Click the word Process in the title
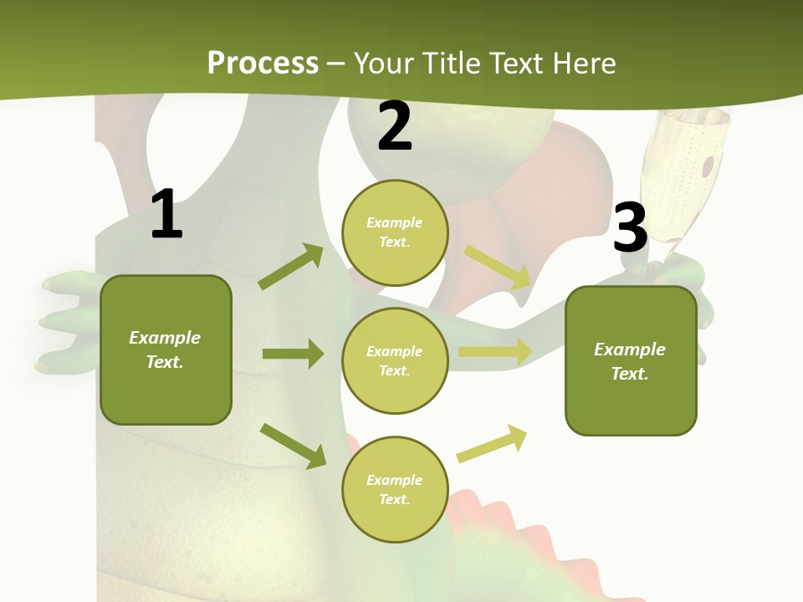[263, 64]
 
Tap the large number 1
[166, 214]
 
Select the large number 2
[395, 126]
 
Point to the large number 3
[630, 227]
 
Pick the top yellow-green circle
[395, 232]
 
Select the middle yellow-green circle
[395, 361]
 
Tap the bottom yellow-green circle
[395, 490]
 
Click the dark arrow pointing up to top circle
[291, 267]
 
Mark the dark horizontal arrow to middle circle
[293, 354]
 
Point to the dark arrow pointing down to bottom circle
[293, 446]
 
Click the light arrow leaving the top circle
[498, 266]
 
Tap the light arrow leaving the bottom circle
[492, 444]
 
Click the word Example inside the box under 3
[630, 349]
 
